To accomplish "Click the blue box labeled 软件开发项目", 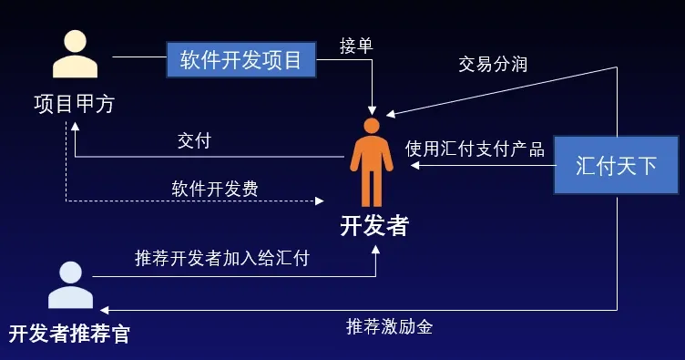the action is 240,60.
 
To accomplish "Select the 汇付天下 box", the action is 616,165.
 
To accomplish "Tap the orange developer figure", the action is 372,162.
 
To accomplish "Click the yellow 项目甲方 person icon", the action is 75,54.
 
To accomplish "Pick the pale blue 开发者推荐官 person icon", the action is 70,285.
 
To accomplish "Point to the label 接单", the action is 356,46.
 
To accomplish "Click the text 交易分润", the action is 493,64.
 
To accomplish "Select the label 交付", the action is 194,140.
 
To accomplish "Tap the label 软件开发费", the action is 215,189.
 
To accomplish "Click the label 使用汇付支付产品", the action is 475,149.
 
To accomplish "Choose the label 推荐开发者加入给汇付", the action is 222,258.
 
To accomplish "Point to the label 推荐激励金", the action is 390,326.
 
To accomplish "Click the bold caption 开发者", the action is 374,226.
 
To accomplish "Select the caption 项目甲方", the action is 75,104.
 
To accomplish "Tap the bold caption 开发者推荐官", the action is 69,334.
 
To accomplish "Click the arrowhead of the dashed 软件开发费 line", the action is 320,201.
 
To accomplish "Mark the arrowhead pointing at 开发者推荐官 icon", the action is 105,310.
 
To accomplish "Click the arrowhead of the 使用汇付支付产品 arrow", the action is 415,166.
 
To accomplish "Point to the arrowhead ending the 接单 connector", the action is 372,110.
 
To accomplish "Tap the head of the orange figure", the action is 372,126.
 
